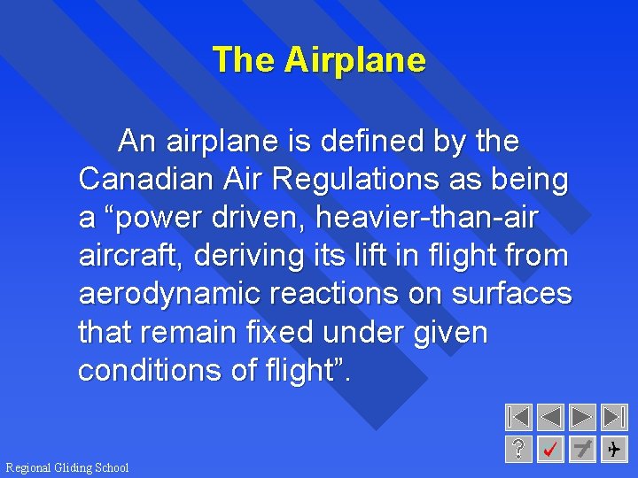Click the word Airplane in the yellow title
(354, 60)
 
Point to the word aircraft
(129, 256)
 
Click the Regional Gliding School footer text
(67, 467)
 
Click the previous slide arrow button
(550, 417)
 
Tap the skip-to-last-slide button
(613, 417)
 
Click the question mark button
(518, 449)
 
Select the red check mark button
(550, 449)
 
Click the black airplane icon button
(613, 449)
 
